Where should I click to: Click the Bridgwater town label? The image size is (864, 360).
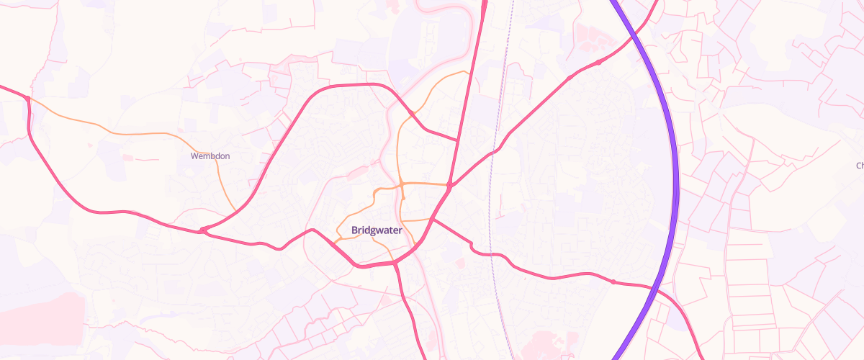[376, 230]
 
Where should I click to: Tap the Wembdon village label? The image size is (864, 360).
[210, 156]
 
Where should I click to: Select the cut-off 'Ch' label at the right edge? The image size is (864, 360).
[859, 166]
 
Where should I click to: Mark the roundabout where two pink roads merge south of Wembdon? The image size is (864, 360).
[204, 230]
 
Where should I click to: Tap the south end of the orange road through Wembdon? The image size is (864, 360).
[236, 211]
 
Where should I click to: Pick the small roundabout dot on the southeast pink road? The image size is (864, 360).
[613, 282]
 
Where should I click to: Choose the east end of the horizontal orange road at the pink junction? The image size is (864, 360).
[449, 186]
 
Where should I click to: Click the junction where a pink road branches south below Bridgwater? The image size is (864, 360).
[395, 264]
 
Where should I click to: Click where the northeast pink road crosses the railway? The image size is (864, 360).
[495, 150]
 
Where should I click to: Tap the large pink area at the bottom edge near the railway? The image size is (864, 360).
[547, 346]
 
